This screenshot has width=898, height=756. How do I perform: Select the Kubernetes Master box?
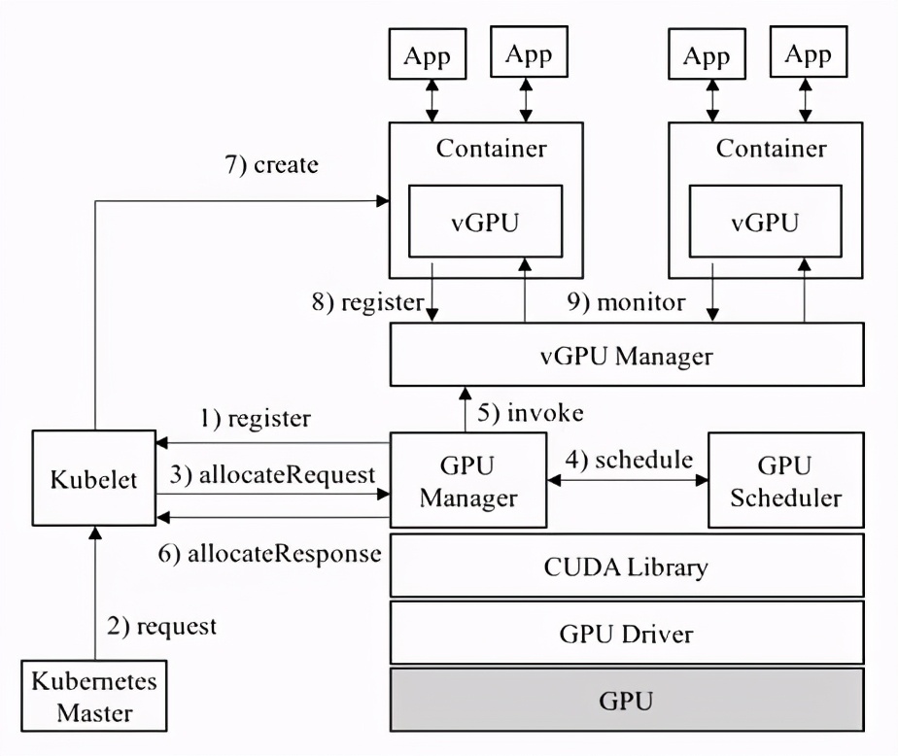[93, 696]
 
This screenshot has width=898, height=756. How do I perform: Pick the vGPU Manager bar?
[627, 356]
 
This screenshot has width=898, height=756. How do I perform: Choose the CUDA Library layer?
[627, 566]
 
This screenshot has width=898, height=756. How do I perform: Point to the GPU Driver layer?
[627, 634]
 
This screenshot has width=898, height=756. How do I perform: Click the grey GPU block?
[627, 700]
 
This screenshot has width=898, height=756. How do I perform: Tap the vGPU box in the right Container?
[765, 223]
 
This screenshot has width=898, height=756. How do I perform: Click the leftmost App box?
[428, 55]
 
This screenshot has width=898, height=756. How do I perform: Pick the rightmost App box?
[808, 55]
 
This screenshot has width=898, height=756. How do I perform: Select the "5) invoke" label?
[531, 412]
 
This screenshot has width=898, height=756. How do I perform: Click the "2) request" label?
[162, 627]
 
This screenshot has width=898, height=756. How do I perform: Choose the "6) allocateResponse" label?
[269, 554]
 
